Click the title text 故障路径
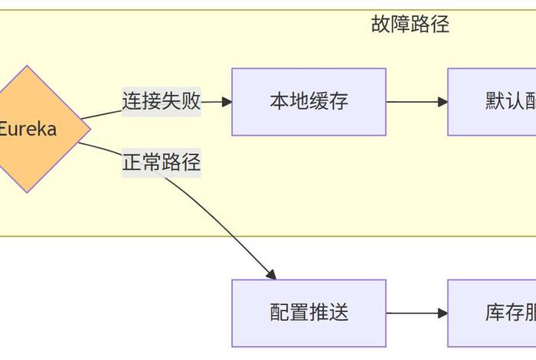pyautogui.click(x=410, y=25)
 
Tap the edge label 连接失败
pyautogui.click(x=161, y=102)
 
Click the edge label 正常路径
pyautogui.click(x=161, y=162)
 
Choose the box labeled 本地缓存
pyautogui.click(x=309, y=102)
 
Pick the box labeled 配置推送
pyautogui.click(x=309, y=313)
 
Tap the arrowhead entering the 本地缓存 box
pyautogui.click(x=227, y=102)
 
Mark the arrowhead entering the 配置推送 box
pyautogui.click(x=270, y=274)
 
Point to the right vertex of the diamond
pyautogui.click(x=90, y=129)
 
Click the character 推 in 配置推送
pyautogui.click(x=319, y=313)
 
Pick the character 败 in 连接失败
pyautogui.click(x=191, y=102)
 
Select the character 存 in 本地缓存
pyautogui.click(x=338, y=102)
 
